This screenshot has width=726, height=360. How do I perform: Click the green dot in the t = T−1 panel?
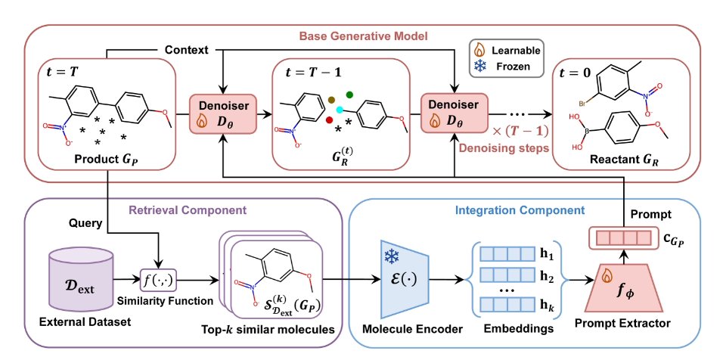(x=349, y=95)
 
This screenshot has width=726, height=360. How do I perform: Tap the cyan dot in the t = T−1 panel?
(x=340, y=109)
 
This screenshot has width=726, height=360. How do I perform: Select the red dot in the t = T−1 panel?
(x=330, y=119)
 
